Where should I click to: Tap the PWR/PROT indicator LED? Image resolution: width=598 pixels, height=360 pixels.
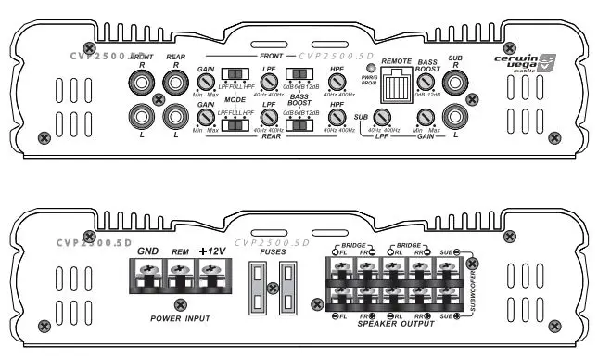coord(372,70)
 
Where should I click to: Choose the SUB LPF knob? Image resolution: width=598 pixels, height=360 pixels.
coord(382,117)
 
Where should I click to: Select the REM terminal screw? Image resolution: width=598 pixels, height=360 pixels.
coord(179,276)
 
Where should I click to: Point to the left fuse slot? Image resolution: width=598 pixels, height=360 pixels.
coord(261,287)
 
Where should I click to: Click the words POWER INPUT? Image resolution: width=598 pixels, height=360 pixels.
coord(179,317)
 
